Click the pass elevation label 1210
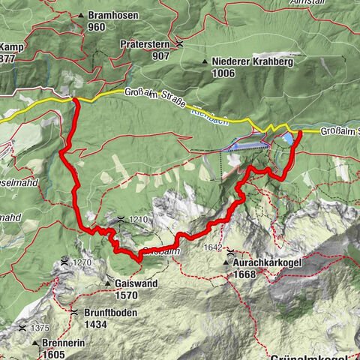tap(139, 220)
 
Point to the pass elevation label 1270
tap(82, 262)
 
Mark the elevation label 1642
tap(214, 247)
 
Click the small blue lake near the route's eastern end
tap(289, 138)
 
